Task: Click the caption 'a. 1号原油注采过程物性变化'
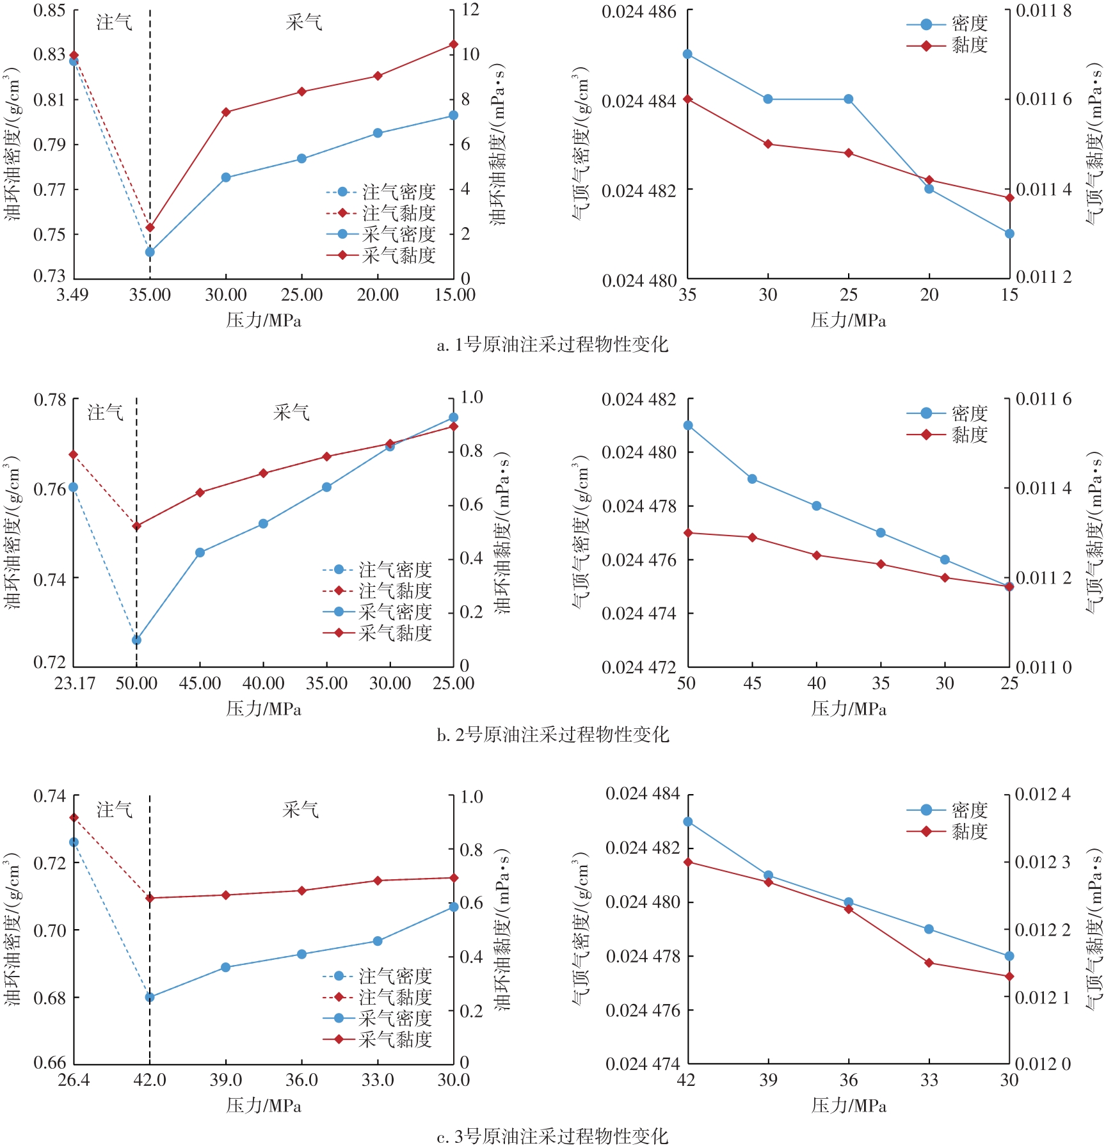point(552,345)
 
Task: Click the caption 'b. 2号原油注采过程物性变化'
point(552,734)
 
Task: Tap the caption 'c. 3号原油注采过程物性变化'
point(552,1136)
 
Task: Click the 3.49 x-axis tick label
point(72,295)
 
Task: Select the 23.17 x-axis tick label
point(74,683)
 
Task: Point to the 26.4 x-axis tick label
point(74,1080)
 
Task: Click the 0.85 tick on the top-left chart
point(49,11)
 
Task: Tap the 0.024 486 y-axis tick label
point(639,12)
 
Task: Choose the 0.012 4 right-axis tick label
point(1043,795)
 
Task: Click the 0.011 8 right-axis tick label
point(1043,11)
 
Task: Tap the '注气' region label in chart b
point(105,413)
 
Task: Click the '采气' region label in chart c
point(300,810)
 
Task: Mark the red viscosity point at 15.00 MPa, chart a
point(454,44)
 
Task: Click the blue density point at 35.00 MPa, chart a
point(150,252)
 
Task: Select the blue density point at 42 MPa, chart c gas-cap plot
point(688,822)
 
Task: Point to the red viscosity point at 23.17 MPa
point(74,454)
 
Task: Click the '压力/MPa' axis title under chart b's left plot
point(263,709)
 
